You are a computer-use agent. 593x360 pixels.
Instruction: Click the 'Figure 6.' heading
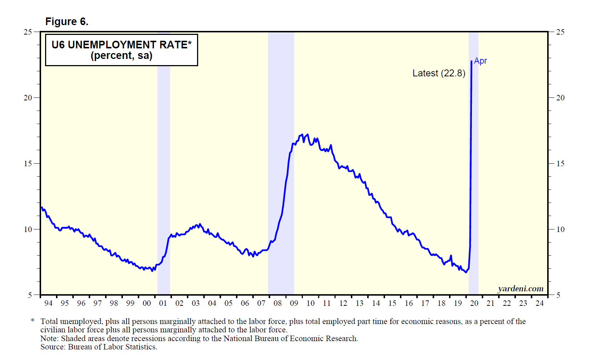click(67, 22)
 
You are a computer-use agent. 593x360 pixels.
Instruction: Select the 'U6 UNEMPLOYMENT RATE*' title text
click(121, 45)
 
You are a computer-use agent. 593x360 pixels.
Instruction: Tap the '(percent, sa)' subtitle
click(121, 56)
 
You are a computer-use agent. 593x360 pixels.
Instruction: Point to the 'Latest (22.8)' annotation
click(439, 73)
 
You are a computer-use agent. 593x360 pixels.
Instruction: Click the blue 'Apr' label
click(480, 61)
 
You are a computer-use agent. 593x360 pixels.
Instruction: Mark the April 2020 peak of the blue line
click(472, 61)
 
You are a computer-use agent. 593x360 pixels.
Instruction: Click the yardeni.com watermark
click(521, 289)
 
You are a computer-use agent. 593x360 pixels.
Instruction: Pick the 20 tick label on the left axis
click(28, 98)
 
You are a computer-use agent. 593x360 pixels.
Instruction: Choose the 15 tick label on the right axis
click(560, 164)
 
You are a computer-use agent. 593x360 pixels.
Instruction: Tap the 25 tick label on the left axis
click(28, 32)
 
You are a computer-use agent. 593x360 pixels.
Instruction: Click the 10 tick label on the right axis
click(560, 229)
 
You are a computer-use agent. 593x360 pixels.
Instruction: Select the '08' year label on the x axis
click(278, 303)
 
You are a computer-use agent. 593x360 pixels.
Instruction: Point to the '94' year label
click(48, 303)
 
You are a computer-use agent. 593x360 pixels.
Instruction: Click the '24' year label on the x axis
click(540, 303)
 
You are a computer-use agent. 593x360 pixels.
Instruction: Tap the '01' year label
click(163, 303)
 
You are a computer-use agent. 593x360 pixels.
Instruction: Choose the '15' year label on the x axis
click(392, 303)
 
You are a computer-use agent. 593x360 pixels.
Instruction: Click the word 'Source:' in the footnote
click(53, 347)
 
